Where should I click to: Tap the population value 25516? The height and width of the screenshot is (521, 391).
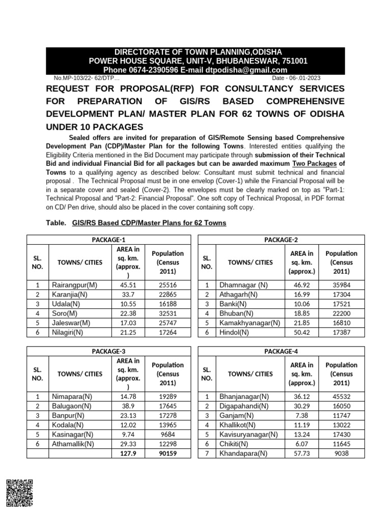[x=167, y=285]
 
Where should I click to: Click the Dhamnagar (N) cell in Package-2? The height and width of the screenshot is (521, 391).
[x=242, y=285]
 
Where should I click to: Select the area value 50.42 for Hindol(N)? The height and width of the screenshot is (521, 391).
[x=302, y=332]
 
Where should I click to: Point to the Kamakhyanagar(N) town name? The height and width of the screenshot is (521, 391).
[x=249, y=323]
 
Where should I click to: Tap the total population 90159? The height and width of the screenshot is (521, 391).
[x=167, y=453]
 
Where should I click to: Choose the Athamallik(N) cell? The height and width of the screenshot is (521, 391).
[x=73, y=444]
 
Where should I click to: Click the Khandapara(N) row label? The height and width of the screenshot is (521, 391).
[x=243, y=453]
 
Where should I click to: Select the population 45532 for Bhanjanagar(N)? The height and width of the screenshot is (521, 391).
[x=342, y=396]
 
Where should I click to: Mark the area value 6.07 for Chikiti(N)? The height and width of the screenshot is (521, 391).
[x=302, y=444]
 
